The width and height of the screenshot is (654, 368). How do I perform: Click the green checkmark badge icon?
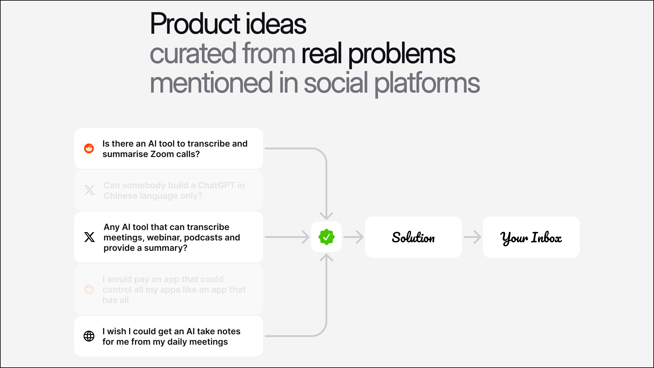(326, 237)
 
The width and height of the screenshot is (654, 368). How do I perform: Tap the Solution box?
(413, 237)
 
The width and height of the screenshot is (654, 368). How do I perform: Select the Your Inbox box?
(531, 237)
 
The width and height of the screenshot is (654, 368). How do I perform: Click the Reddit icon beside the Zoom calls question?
(89, 148)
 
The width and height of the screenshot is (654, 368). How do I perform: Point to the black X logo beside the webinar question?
(90, 237)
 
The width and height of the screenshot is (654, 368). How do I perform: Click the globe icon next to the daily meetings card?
(89, 336)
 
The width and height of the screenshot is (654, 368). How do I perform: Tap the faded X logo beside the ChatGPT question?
(90, 190)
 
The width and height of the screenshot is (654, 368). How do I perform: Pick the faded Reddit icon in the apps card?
(89, 289)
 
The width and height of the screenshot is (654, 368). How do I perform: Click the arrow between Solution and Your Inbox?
(472, 237)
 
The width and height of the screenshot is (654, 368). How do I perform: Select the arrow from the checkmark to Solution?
(353, 237)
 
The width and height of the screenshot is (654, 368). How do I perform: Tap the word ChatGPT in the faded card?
(216, 185)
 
